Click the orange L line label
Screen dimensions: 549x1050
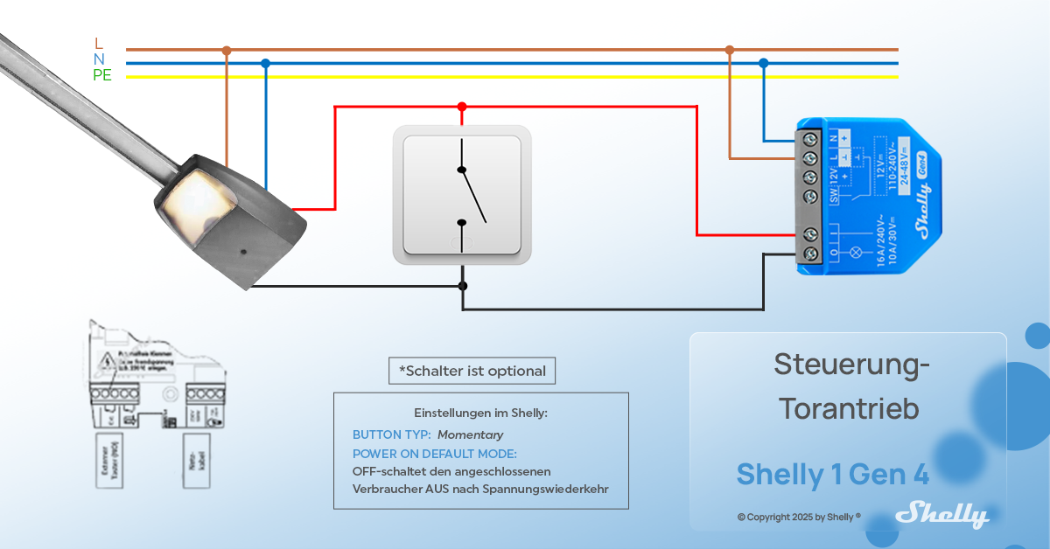pyautogui.click(x=98, y=43)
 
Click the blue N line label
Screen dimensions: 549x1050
pyautogui.click(x=99, y=59)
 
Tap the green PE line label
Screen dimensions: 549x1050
pyautogui.click(x=102, y=75)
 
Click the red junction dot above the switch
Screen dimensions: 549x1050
pyautogui.click(x=462, y=107)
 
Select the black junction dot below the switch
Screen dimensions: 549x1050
pyautogui.click(x=462, y=286)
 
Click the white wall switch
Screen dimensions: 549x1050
pyautogui.click(x=462, y=194)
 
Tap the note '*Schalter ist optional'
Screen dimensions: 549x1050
pyautogui.click(x=472, y=371)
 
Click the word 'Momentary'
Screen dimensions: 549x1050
pyautogui.click(x=471, y=434)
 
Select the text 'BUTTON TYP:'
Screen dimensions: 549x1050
pyautogui.click(x=391, y=434)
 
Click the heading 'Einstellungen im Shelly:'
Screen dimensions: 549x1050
pyautogui.click(x=480, y=413)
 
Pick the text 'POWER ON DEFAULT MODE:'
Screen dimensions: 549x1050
pyautogui.click(x=434, y=454)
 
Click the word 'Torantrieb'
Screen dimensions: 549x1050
pyautogui.click(x=849, y=408)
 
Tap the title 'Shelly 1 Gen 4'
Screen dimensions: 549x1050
pyautogui.click(x=832, y=474)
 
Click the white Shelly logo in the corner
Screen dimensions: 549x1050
pyautogui.click(x=942, y=514)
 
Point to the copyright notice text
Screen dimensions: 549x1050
pyautogui.click(x=799, y=517)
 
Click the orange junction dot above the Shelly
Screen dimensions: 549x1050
pyautogui.click(x=730, y=50)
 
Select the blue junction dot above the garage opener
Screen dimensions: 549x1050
pyautogui.click(x=265, y=63)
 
